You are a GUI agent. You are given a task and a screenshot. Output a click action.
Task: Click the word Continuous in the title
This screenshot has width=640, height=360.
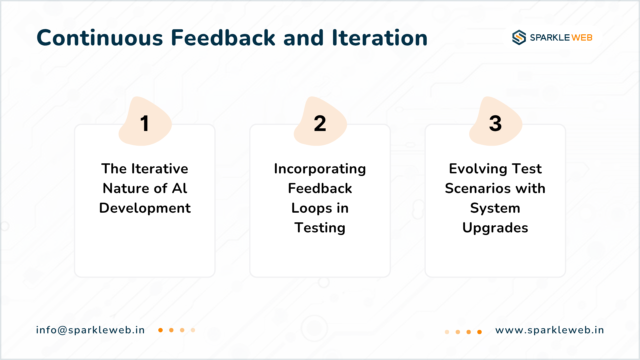point(100,38)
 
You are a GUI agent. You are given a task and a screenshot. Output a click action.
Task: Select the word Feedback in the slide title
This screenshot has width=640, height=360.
point(223,37)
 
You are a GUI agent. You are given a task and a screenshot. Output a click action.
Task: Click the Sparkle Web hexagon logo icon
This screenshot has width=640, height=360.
point(519,37)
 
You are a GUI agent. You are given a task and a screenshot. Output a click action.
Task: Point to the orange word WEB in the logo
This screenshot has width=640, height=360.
point(582,38)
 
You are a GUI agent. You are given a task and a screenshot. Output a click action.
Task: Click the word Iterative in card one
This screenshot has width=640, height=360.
point(160,169)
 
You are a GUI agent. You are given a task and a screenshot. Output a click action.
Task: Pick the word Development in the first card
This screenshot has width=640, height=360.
point(145,208)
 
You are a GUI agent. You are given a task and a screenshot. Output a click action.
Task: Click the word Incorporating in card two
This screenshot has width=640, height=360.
point(320,169)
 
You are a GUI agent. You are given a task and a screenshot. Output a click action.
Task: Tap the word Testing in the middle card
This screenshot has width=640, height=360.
point(320,228)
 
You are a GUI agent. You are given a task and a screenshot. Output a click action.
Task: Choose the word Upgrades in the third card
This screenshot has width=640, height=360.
point(495,228)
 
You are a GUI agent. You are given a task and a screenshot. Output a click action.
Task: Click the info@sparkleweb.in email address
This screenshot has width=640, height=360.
point(90,330)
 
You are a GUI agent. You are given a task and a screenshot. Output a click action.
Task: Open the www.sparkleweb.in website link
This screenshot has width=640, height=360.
point(550,330)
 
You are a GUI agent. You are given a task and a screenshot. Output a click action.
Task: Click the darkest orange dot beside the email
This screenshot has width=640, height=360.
point(160,330)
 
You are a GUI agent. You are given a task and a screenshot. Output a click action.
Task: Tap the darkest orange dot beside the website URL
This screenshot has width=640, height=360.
point(479,332)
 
